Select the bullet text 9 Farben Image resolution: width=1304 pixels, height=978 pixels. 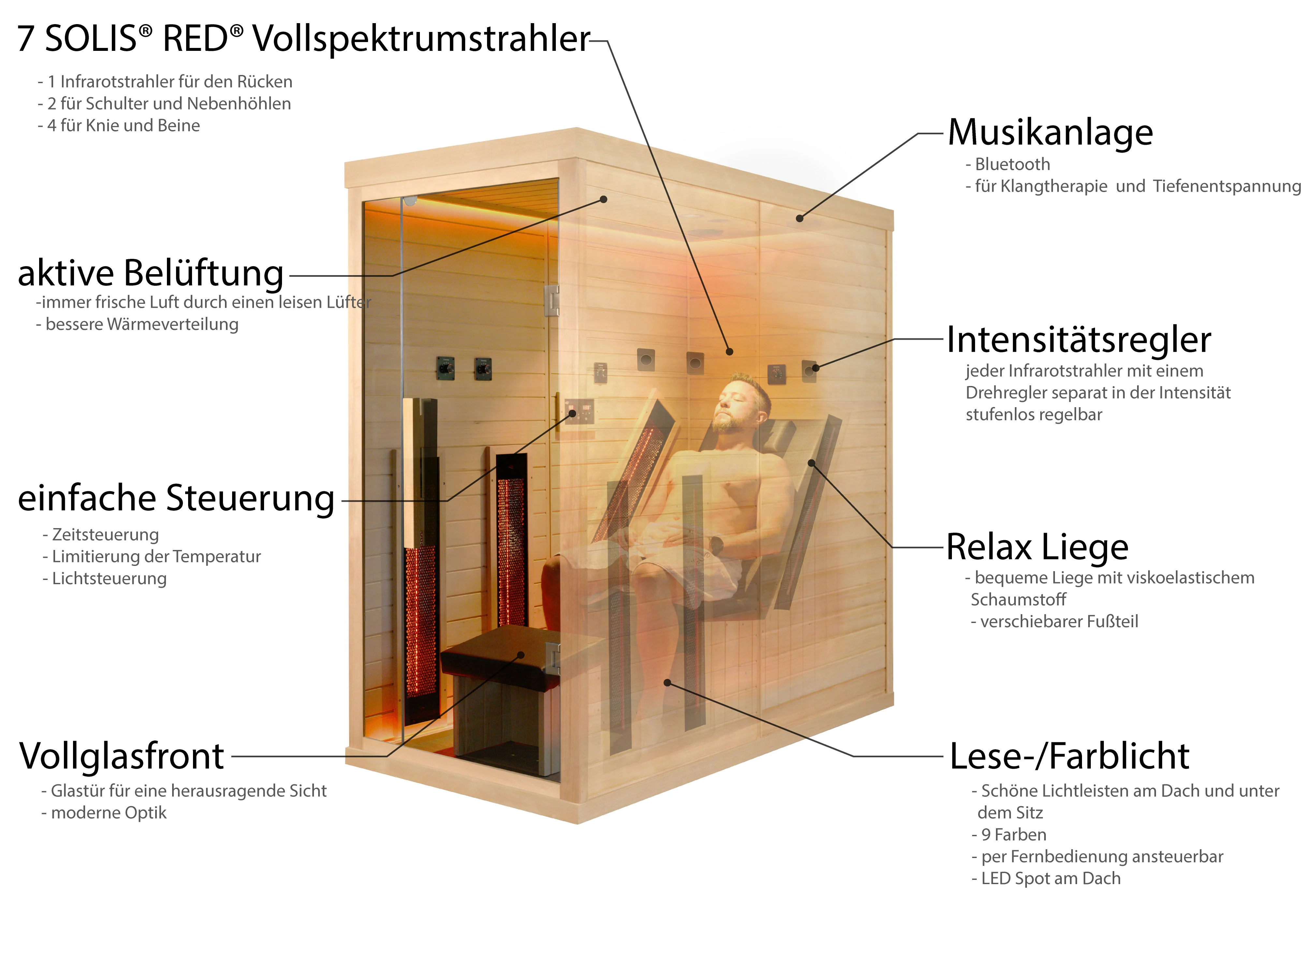tap(1013, 835)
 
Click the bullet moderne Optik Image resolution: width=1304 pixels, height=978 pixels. tap(109, 813)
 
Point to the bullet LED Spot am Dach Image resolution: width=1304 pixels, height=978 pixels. tap(1050, 878)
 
